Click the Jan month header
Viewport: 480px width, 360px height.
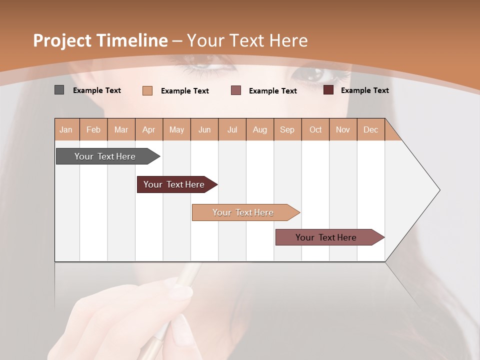[x=66, y=129]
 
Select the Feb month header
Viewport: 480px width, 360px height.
[x=93, y=129]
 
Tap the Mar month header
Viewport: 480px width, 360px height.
[x=121, y=129]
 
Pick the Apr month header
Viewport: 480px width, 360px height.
[x=149, y=129]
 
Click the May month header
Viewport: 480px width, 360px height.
[x=176, y=129]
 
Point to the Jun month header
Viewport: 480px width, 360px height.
[x=204, y=129]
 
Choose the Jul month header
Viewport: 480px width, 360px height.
[x=232, y=129]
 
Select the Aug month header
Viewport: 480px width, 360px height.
[x=260, y=129]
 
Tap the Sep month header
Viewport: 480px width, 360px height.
[x=287, y=129]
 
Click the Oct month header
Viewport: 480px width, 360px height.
[x=315, y=129]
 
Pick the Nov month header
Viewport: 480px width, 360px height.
[x=343, y=129]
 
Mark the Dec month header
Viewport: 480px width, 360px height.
[x=371, y=129]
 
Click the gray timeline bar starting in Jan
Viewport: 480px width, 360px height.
[x=105, y=156]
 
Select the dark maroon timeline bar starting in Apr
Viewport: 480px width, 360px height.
[x=174, y=184]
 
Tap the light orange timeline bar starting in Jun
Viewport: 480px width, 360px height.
[x=243, y=212]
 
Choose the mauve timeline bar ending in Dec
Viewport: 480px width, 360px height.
[x=326, y=237]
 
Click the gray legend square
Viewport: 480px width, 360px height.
[x=59, y=90]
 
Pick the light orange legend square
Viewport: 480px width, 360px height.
[x=147, y=90]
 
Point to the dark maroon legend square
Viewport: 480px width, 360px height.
[x=328, y=90]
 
